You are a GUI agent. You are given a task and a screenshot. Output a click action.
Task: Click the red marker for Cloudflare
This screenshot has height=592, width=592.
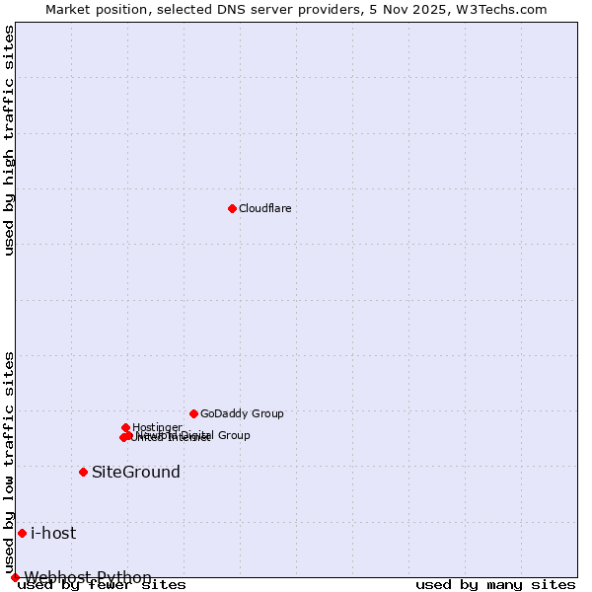click(x=232, y=208)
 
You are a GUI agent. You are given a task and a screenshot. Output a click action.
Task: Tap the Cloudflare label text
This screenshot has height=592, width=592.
click(x=264, y=208)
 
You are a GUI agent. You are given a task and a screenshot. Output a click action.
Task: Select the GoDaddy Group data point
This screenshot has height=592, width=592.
click(x=193, y=413)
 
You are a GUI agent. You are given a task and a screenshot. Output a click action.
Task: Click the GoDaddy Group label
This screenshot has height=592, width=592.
click(x=242, y=413)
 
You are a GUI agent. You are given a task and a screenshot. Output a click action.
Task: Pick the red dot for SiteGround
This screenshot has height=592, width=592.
click(x=83, y=472)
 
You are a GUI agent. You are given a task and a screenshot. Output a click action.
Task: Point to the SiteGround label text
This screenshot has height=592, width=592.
click(x=136, y=472)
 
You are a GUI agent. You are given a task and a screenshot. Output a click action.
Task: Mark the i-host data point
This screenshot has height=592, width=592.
click(x=22, y=533)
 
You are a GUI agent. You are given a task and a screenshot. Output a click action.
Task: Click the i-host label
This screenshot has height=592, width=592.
click(x=53, y=533)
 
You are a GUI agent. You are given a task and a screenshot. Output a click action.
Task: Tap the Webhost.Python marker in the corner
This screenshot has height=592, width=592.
click(x=15, y=577)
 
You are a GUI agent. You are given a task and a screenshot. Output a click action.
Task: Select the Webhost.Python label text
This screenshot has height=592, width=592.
click(x=88, y=577)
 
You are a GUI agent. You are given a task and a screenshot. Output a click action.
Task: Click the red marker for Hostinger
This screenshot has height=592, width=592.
click(x=125, y=427)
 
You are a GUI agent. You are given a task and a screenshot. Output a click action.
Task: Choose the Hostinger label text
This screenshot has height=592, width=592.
click(x=157, y=427)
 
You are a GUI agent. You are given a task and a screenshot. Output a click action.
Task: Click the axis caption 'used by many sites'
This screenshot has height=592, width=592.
click(x=495, y=585)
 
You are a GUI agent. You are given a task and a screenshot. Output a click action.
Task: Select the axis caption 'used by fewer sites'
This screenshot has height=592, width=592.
click(x=102, y=585)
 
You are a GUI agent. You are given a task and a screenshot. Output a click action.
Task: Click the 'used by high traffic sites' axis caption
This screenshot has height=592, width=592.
click(x=9, y=140)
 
